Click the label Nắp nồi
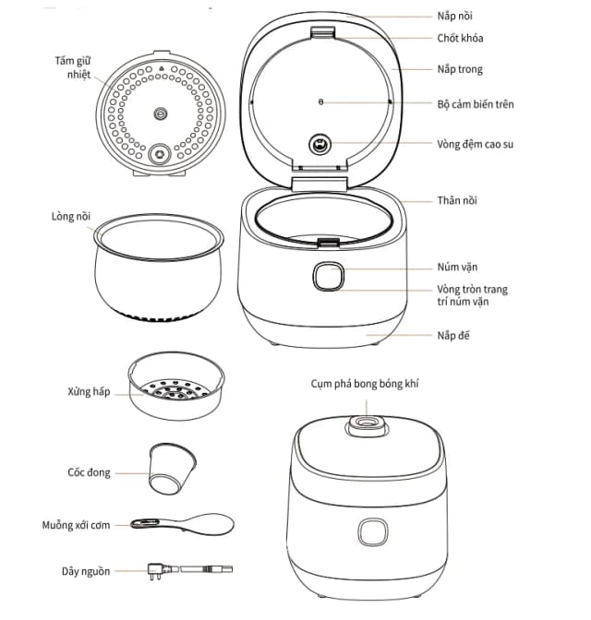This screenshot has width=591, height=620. [457, 17]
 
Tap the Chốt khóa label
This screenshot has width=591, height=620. [460, 39]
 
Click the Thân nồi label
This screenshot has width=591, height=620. [457, 200]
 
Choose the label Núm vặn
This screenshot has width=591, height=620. [457, 267]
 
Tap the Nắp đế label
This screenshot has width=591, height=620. [453, 335]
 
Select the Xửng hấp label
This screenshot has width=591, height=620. [89, 391]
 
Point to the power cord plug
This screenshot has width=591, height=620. [153, 571]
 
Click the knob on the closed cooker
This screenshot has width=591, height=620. [373, 534]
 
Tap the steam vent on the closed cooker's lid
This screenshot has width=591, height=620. [368, 425]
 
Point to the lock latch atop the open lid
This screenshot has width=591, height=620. [321, 33]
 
